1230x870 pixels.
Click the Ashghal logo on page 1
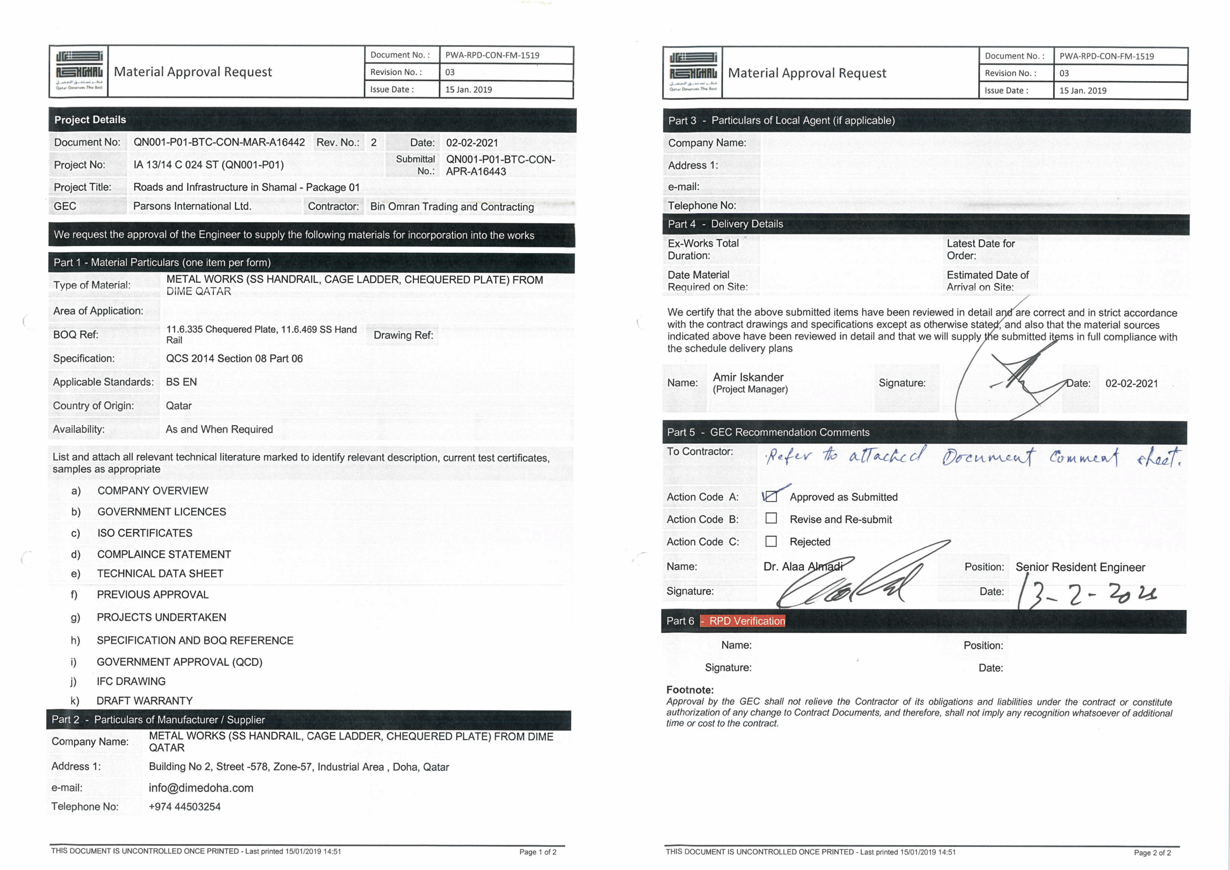click(79, 71)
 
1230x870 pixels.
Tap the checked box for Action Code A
click(771, 497)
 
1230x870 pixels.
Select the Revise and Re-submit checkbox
click(771, 518)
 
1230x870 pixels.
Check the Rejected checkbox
click(771, 541)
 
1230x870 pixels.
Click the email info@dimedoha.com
click(201, 787)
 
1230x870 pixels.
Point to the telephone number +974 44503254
click(184, 806)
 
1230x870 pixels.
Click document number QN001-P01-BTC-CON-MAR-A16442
click(219, 142)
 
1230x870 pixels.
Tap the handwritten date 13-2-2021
click(1087, 594)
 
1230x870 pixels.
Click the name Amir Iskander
click(748, 377)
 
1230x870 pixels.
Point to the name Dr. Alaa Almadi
click(802, 566)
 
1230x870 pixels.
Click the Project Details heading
click(90, 120)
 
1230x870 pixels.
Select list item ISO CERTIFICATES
click(145, 533)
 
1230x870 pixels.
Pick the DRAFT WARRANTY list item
click(144, 701)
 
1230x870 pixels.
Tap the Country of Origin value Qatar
click(178, 405)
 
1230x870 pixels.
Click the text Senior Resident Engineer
click(1080, 567)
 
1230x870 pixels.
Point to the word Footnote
click(690, 690)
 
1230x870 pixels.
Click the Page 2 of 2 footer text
click(1152, 852)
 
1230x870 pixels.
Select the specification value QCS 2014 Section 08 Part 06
click(234, 358)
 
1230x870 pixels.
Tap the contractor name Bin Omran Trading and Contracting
click(452, 206)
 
